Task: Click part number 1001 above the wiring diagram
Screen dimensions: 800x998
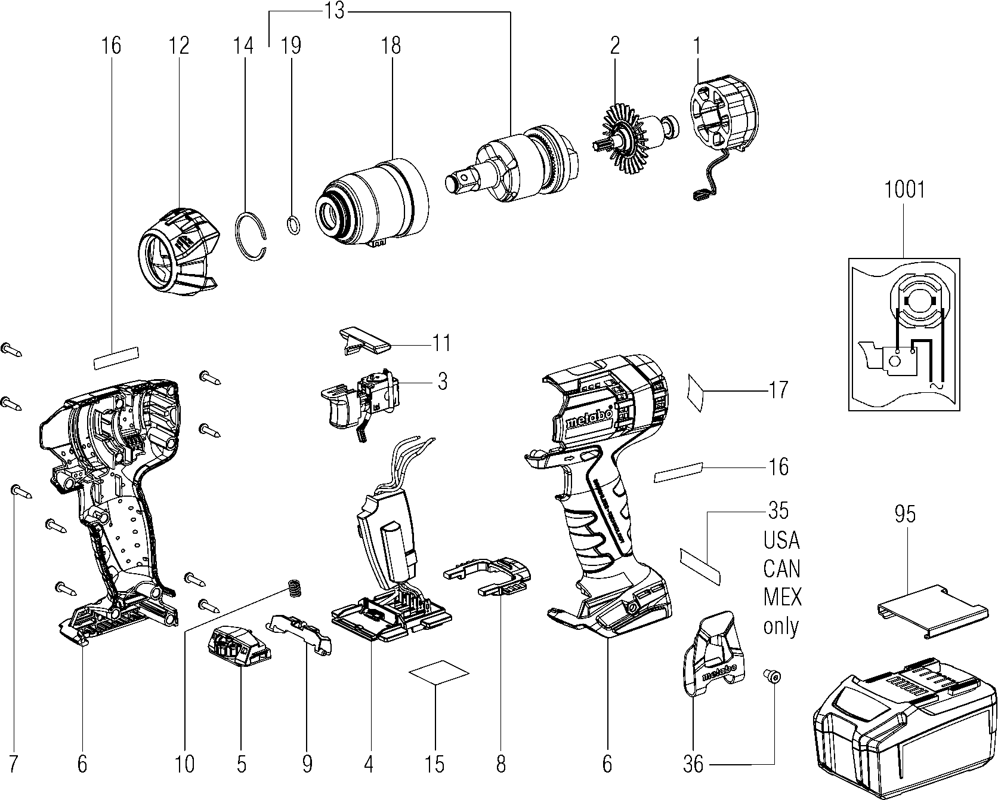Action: pyautogui.click(x=904, y=190)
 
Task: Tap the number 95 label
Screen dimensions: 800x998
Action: pyautogui.click(x=905, y=514)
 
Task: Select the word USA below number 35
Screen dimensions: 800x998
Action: pyautogui.click(x=781, y=540)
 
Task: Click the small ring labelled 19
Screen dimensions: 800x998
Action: pyautogui.click(x=293, y=226)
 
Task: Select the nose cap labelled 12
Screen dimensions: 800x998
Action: pyautogui.click(x=177, y=251)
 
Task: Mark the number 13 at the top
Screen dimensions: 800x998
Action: pyautogui.click(x=335, y=11)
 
